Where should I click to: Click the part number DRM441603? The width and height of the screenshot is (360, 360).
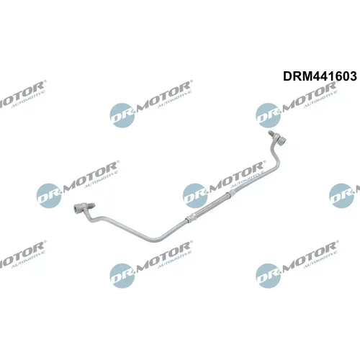(320, 76)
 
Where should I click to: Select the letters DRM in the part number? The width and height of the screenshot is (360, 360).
(297, 76)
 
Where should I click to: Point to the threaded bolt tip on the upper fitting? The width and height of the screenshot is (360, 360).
(271, 133)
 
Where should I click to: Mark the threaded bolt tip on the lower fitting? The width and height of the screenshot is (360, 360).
(92, 206)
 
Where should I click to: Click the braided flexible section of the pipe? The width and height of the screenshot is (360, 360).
(209, 204)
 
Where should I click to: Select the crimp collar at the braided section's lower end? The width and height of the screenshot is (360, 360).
(189, 217)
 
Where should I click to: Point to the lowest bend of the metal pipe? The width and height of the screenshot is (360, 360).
(153, 239)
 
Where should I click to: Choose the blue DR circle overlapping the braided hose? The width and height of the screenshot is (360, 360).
(195, 196)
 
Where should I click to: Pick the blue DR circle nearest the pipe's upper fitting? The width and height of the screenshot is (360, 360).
(268, 115)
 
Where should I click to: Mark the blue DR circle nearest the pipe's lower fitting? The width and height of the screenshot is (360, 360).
(49, 196)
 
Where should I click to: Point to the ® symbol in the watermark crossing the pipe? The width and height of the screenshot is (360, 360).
(263, 162)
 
